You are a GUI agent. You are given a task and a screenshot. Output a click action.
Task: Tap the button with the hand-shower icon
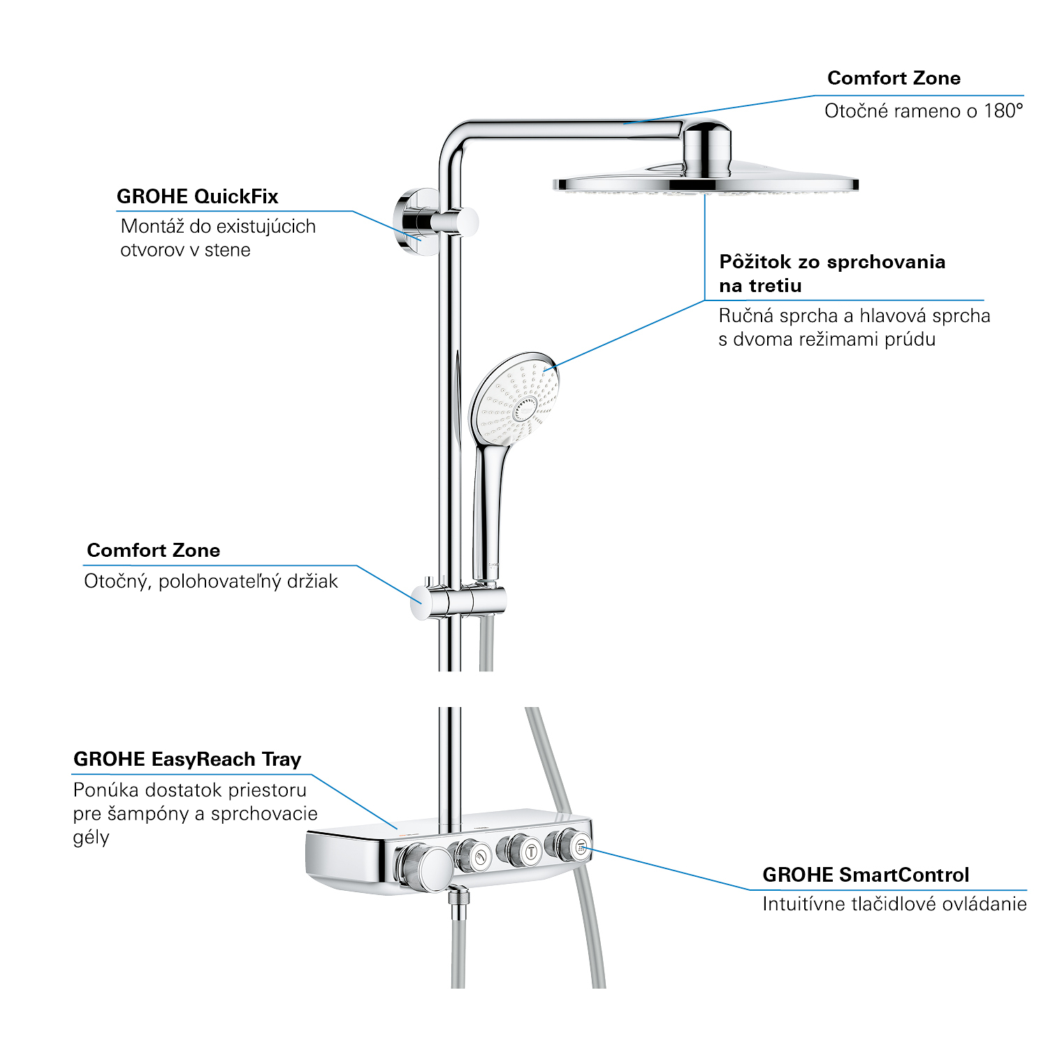(481, 855)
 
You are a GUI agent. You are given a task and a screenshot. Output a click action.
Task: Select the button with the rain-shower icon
(581, 847)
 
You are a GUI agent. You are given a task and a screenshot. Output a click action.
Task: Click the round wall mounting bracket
(414, 221)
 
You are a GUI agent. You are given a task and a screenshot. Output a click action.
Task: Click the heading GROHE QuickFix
(197, 197)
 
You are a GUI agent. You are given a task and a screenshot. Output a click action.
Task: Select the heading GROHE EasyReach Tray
(187, 759)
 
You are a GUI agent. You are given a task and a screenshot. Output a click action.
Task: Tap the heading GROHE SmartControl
(866, 875)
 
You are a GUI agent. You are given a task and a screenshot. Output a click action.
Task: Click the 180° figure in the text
(1003, 111)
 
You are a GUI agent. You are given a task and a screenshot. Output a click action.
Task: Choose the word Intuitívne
(803, 904)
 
